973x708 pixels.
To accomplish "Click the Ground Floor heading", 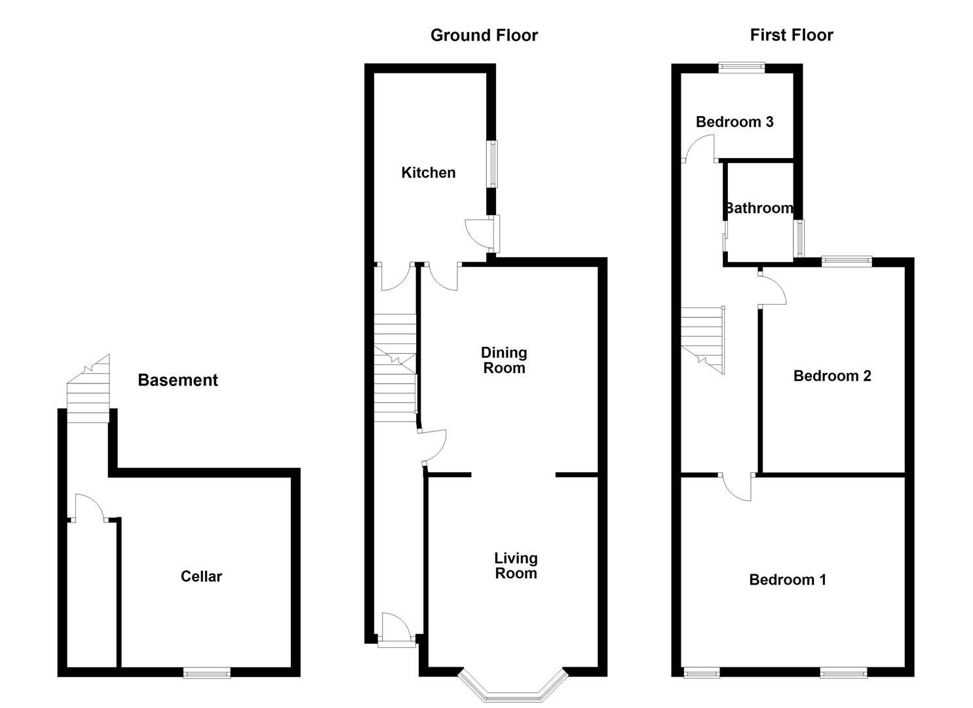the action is [x=484, y=35].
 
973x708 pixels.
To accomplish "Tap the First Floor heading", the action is [x=792, y=35].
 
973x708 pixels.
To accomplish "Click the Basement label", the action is [x=178, y=380].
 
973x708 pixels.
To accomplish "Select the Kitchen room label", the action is [x=429, y=172].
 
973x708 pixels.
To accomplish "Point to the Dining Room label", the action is [x=504, y=361].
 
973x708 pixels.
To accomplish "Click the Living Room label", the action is [x=516, y=566].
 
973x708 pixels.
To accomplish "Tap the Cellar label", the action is [x=201, y=576].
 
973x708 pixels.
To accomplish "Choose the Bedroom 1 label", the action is [x=788, y=580].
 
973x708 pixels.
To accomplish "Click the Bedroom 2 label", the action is [x=832, y=376].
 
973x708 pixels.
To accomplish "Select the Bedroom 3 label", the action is [x=735, y=122].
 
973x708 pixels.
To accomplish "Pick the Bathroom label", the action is [x=759, y=208].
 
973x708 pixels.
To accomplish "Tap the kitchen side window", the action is [x=491, y=164].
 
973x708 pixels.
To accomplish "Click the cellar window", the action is [x=207, y=673].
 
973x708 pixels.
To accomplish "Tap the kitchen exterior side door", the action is [x=482, y=234].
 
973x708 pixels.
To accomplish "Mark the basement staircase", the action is [x=88, y=388].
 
